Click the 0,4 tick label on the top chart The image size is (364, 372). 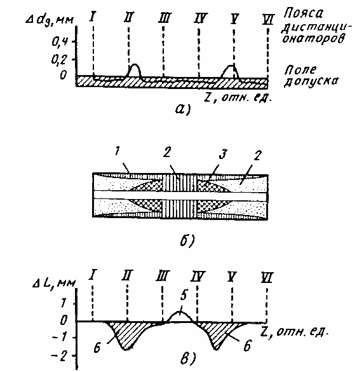point(60,43)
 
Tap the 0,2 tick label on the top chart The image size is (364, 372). point(59,60)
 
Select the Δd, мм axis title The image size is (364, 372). point(50,20)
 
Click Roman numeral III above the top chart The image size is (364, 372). point(164,18)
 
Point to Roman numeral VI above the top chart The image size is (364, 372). point(268,20)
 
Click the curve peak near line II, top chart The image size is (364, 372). point(135,64)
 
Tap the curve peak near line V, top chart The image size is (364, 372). point(231,65)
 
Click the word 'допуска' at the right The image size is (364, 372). point(311,81)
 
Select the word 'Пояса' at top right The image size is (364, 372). point(304,13)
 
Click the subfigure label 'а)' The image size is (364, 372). point(183,109)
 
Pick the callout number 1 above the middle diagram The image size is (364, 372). point(117,151)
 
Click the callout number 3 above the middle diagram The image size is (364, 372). point(223,155)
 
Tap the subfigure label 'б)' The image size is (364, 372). point(187,240)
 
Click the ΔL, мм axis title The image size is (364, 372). point(54,283)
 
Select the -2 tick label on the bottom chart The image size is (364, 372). point(60,356)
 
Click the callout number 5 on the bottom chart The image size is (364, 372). point(184,295)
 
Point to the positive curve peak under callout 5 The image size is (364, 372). point(180,312)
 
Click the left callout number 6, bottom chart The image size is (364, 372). point(97,347)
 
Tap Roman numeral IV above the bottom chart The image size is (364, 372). point(198,277)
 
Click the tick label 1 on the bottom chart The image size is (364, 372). point(63,303)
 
